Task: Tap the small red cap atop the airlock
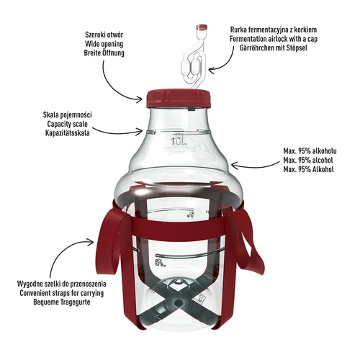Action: point(199,28)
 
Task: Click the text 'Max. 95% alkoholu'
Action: point(315,152)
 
